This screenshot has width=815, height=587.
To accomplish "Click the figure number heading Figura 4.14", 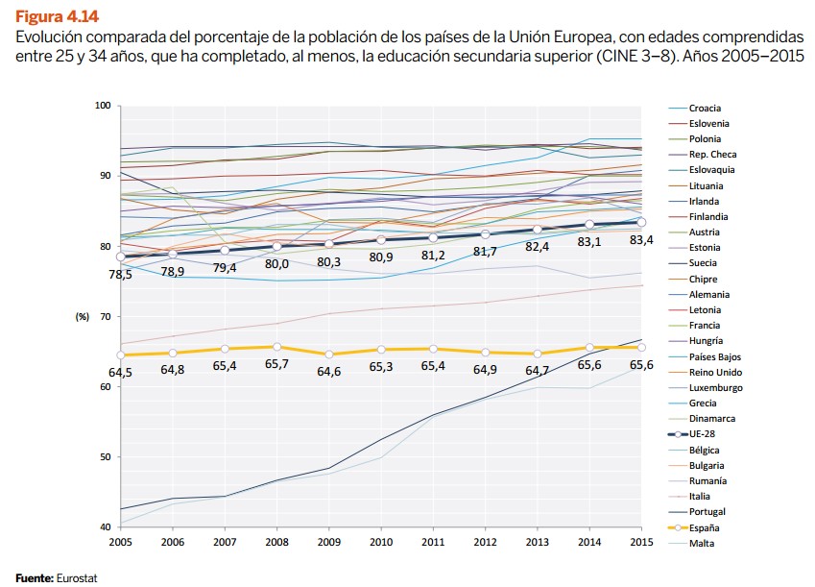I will tap(57, 16).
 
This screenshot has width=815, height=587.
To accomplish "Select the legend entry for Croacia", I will tap(705, 109).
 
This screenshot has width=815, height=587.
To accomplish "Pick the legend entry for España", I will tap(706, 527).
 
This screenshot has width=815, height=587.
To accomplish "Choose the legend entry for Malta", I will tap(702, 543).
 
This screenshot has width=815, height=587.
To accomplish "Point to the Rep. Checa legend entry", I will tap(711, 155).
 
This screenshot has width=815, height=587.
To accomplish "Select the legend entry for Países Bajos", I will tap(714, 356).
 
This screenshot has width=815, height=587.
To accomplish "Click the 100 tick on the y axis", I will tap(103, 105).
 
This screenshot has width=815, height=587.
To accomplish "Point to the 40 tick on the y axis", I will tap(105, 527).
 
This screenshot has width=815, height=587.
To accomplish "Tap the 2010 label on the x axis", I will tap(381, 544).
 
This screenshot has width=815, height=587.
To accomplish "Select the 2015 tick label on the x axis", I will tap(641, 544).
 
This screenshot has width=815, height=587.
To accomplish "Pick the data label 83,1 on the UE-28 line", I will tap(588, 240).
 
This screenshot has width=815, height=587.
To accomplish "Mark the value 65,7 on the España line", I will tap(277, 364).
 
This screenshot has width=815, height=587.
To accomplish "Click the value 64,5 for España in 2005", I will tap(122, 372).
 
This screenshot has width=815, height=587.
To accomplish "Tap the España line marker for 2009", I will tap(329, 355).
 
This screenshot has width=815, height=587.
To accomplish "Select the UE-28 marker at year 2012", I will tap(486, 234).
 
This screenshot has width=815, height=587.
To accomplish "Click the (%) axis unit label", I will tap(84, 316).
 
